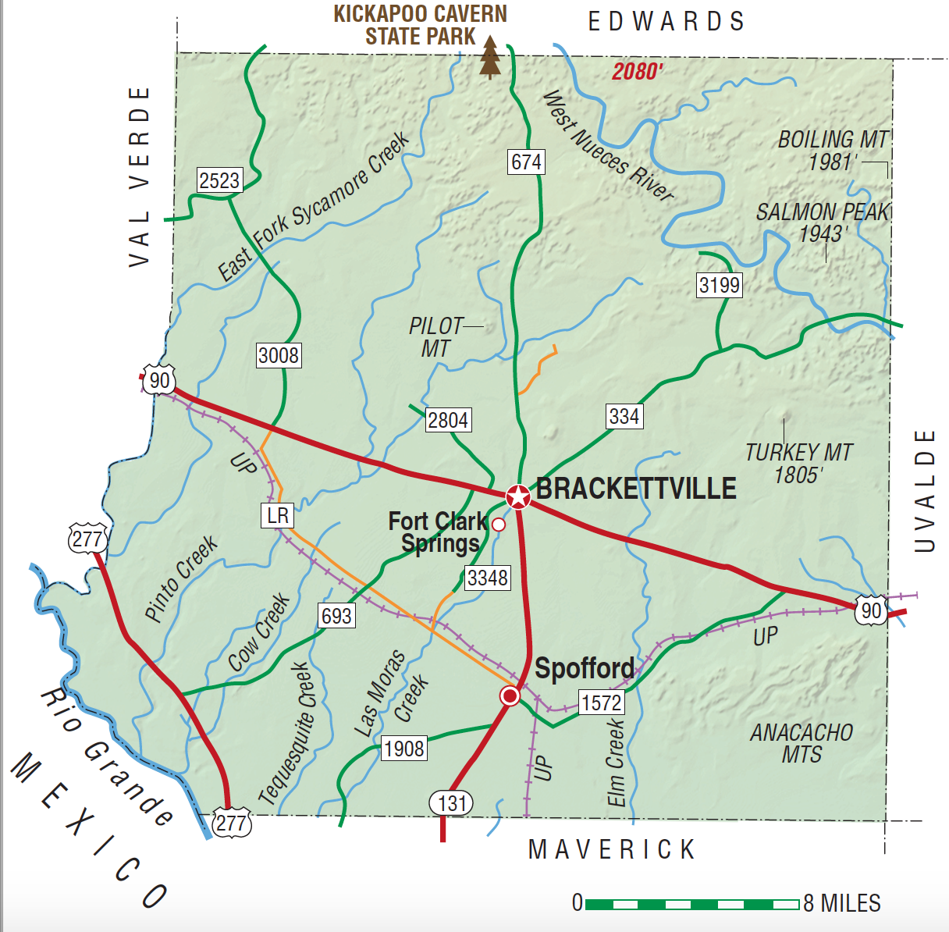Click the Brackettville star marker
pos(517,496)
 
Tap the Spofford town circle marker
pos(510,695)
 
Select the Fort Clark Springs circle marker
pos(499,525)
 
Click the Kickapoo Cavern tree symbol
pos(490,57)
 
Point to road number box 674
pos(526,162)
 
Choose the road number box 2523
pos(219,181)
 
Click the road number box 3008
pos(279,356)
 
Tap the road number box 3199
pos(719,285)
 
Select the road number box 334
pos(624,417)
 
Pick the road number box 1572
pos(601,703)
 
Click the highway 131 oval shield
pos(452,803)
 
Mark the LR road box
pos(278,515)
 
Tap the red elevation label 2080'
pos(637,72)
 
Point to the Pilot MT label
pos(435,337)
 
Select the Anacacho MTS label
pos(801,743)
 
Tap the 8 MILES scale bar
pos(691,904)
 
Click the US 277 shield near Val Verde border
pos(87,539)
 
